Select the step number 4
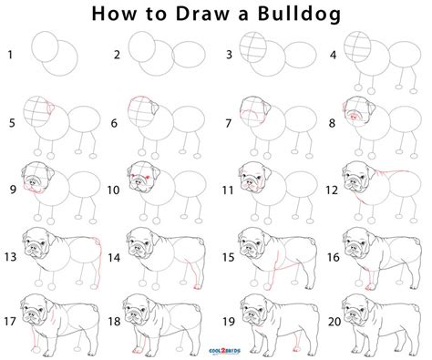tap(334, 56)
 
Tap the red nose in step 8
tap(355, 118)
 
